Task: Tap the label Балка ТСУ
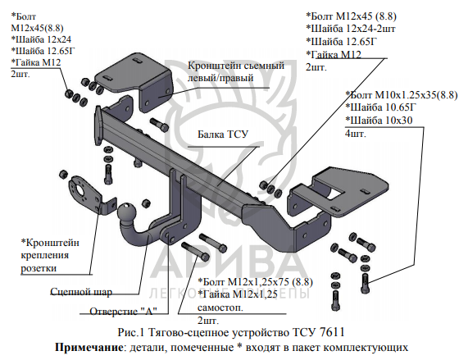223,134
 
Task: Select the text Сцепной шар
81,292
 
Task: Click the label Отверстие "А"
123,311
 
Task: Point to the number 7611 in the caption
332,333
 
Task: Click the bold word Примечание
89,348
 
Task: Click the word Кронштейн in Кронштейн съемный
210,65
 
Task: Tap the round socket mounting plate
80,191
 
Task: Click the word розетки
39,267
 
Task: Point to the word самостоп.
220,308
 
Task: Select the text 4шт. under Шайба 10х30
356,134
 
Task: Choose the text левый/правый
220,78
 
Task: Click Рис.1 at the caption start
131,333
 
